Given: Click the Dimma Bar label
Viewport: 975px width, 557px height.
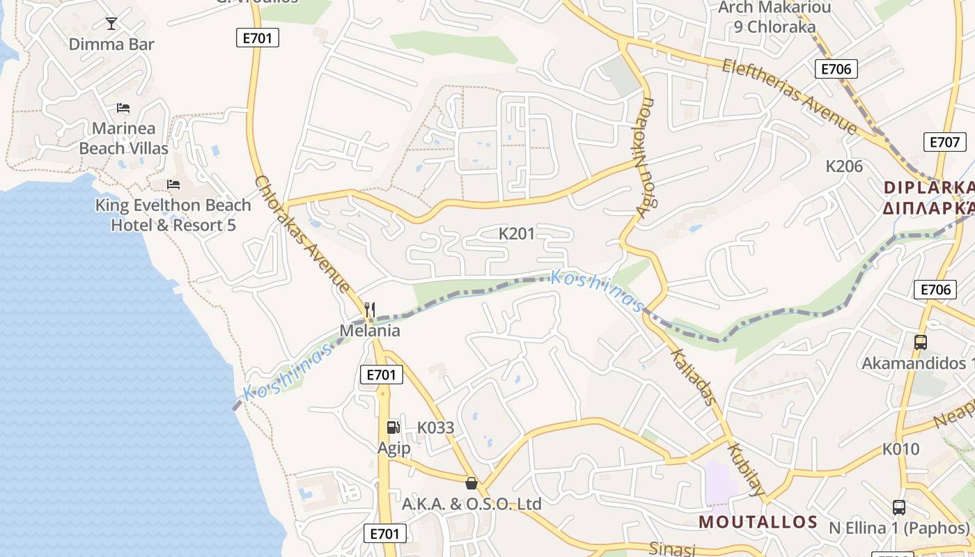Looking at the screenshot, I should tap(111, 45).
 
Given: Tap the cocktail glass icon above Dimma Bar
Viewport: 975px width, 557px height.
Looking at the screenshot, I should tap(111, 24).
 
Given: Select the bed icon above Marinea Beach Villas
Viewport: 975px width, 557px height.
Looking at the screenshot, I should tap(123, 108).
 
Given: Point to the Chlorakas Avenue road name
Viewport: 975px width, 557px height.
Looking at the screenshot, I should tap(302, 234).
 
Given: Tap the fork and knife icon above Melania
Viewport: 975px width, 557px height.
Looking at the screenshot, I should tap(370, 310).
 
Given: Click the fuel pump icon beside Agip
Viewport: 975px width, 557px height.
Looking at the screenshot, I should tap(393, 427).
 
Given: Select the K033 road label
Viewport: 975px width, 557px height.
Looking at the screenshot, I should tap(435, 427).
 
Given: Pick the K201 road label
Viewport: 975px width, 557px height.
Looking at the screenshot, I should tap(517, 234).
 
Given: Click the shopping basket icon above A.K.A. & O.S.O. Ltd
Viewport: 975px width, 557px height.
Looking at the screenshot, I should tap(471, 483).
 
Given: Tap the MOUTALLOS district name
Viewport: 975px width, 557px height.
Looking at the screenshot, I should tap(758, 522).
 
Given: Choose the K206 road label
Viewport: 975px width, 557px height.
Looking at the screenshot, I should tap(844, 166).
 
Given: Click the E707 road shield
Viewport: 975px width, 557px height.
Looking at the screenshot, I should tap(945, 142).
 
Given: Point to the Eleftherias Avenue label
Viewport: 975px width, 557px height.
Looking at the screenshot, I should tap(790, 96).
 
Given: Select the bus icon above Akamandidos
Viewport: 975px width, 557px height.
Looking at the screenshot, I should tap(921, 343).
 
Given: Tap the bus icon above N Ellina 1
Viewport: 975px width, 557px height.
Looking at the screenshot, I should tap(899, 508).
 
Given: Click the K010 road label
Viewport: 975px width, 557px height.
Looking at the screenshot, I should tap(901, 449).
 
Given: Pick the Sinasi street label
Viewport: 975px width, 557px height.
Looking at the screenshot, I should tap(672, 549).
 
